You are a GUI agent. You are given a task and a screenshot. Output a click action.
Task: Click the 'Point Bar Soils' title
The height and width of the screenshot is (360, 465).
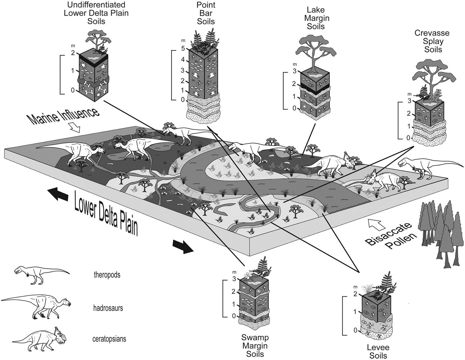click(x=206, y=13)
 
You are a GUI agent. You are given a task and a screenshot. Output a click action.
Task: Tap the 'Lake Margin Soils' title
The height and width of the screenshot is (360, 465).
click(x=316, y=18)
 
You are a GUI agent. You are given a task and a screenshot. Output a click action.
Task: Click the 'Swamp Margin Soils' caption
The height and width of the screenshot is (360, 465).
click(x=255, y=346)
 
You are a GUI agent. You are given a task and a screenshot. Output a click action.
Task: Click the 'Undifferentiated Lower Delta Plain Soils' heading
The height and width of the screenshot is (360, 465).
click(x=96, y=13)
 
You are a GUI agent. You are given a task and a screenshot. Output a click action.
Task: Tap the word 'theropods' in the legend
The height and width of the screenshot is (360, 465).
click(x=107, y=275)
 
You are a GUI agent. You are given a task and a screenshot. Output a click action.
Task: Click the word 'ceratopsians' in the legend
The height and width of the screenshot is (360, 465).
click(x=110, y=339)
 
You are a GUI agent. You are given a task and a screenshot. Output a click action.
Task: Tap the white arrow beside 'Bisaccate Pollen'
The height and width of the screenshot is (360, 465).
click(x=374, y=224)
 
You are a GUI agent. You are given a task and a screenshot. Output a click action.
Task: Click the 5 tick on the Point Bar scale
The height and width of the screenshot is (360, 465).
click(x=183, y=48)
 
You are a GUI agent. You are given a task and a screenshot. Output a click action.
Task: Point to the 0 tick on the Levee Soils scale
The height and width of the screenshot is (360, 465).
click(x=355, y=330)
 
